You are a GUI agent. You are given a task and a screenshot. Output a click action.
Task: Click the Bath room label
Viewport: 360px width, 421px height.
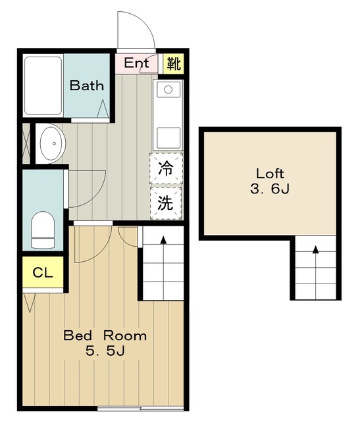click(86, 86)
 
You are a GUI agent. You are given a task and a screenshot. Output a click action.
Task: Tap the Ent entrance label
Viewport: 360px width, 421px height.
click(136, 63)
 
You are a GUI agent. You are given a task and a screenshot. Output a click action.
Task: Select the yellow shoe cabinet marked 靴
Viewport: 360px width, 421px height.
click(174, 64)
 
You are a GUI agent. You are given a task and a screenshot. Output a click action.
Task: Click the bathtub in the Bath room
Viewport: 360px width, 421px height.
click(43, 86)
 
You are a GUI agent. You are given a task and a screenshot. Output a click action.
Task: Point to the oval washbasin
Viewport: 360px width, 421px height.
click(53, 143)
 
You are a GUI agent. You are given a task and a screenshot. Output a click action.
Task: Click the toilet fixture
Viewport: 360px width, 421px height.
click(43, 230)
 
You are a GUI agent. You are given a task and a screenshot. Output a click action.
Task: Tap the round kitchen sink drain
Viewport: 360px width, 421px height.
click(168, 89)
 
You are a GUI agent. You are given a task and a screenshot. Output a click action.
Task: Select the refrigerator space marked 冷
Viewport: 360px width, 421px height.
click(166, 168)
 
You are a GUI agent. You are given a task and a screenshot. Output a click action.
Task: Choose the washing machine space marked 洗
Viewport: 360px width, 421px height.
click(166, 203)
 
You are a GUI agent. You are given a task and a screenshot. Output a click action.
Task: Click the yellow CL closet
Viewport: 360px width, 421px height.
click(43, 272)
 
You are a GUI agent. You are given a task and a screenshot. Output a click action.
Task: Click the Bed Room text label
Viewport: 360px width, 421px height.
click(105, 335)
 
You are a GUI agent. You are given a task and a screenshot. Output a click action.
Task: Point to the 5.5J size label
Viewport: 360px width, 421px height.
click(105, 351)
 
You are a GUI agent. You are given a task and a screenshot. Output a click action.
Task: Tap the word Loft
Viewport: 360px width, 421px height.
click(270, 174)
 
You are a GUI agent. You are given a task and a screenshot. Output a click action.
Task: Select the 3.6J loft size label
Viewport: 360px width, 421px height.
click(270, 189)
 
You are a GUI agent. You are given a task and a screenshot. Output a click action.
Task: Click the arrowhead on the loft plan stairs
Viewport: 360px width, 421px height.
click(316, 250)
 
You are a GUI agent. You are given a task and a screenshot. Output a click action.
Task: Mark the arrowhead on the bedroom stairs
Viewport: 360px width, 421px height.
click(163, 239)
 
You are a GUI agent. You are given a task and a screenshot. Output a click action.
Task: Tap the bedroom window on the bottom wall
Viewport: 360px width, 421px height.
click(140, 409)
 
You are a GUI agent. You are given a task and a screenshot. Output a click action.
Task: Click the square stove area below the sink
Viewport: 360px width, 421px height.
click(168, 137)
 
